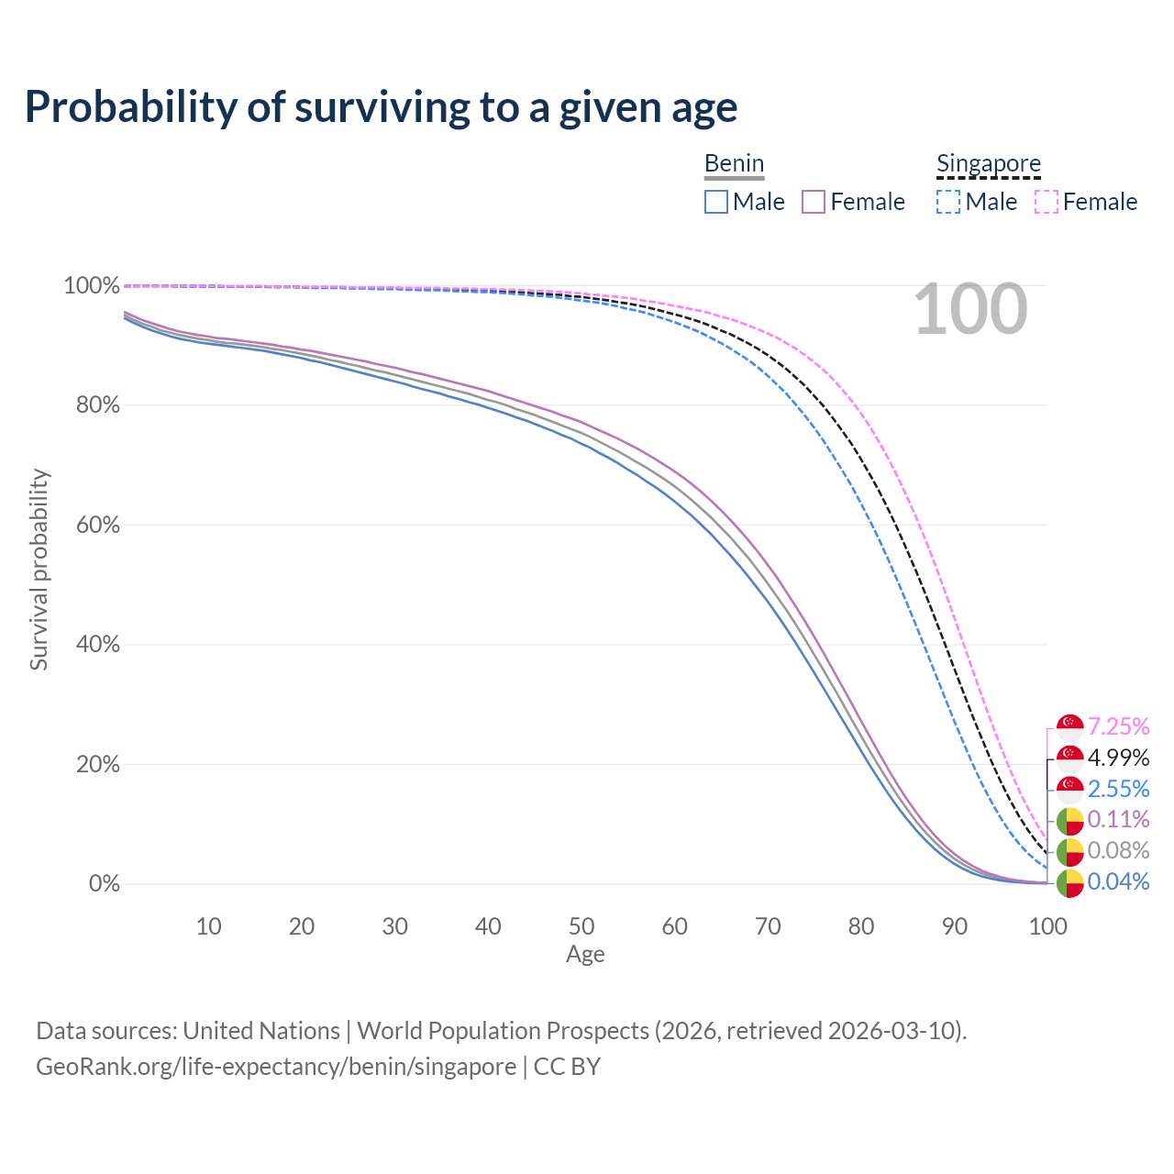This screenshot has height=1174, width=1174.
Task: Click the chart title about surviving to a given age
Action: tap(381, 107)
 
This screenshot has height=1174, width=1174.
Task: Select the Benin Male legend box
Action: tap(716, 202)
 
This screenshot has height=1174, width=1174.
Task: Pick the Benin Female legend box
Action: tap(814, 202)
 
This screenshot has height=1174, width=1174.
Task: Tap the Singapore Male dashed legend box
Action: tap(948, 202)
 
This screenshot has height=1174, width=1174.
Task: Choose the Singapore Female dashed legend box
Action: tap(1047, 202)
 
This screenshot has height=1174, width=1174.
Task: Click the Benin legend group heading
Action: tap(734, 164)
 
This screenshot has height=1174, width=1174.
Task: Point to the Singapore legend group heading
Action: tap(988, 164)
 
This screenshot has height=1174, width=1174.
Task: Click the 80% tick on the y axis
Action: tap(92, 405)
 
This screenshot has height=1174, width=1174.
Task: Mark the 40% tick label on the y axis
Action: tap(92, 645)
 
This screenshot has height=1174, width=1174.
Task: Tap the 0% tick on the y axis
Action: tap(104, 884)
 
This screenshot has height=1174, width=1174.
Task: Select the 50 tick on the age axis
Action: tap(581, 926)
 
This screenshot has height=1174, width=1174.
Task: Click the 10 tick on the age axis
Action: tap(208, 926)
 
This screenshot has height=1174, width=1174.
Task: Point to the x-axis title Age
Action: tap(585, 955)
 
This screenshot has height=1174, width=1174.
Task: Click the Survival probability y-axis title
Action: tap(39, 570)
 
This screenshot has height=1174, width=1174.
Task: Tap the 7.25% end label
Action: tap(1118, 726)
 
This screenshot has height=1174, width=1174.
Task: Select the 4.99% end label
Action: tap(1118, 758)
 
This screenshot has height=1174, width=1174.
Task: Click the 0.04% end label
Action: tap(1118, 881)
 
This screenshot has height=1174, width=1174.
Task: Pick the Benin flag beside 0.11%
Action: tap(1070, 821)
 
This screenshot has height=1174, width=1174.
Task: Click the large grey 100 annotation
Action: tap(970, 310)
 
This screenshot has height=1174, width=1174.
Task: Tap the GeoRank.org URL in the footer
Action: tap(275, 1067)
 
